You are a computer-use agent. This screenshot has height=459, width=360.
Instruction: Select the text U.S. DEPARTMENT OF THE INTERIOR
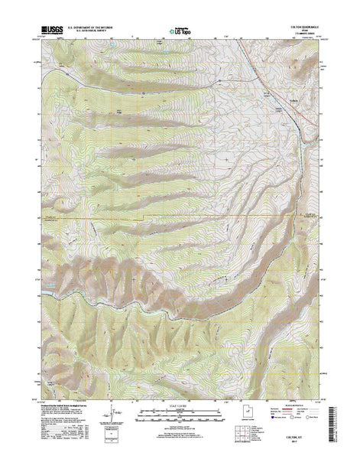92,28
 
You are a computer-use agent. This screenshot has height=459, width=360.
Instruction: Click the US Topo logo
180,31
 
